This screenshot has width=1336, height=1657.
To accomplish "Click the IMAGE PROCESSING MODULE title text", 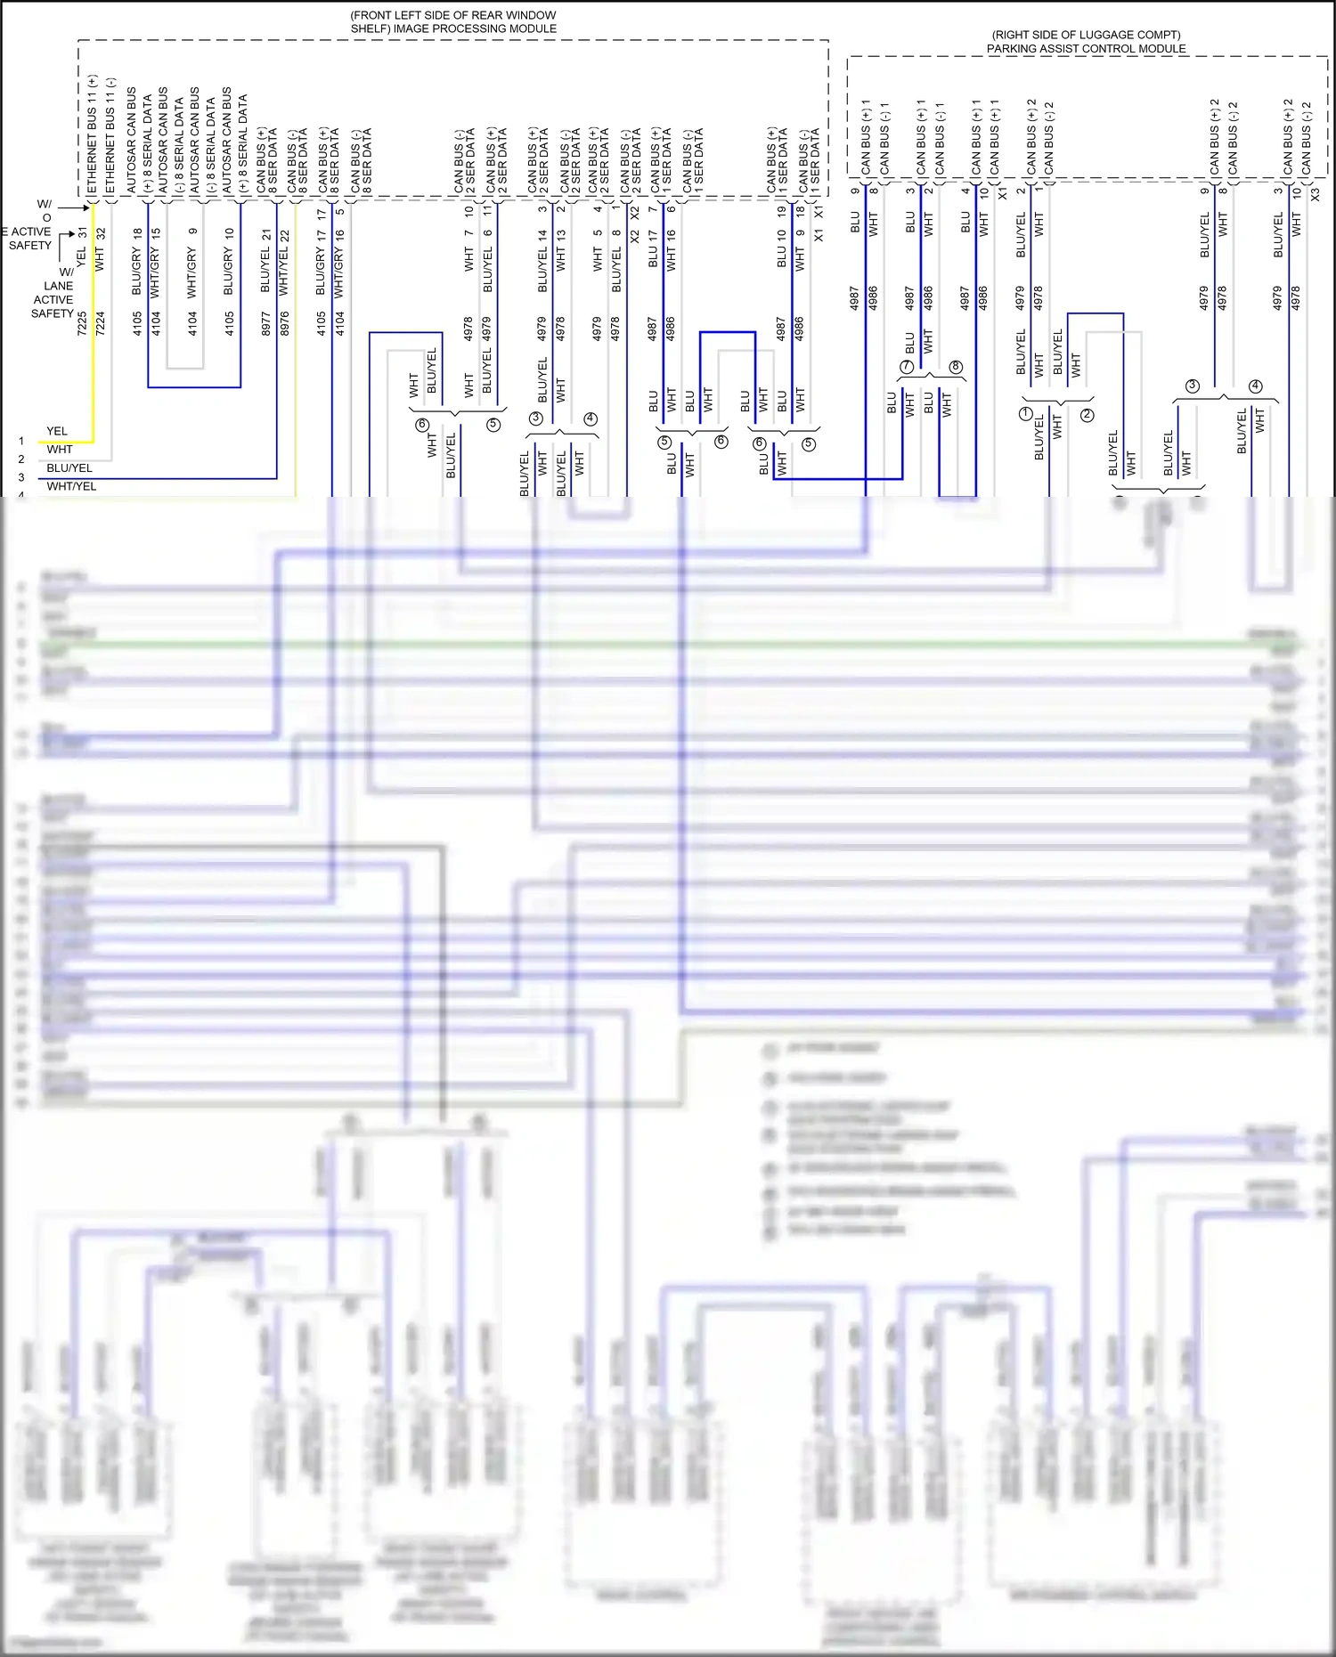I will (x=453, y=22).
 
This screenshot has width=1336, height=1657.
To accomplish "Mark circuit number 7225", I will (x=82, y=322).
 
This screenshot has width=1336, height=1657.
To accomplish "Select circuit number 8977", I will (x=265, y=322).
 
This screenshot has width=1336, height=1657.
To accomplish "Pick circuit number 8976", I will (x=284, y=322).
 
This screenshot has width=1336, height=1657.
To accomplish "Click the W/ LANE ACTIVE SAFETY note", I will (x=53, y=293).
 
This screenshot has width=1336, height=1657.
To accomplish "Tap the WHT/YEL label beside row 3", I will (x=71, y=486).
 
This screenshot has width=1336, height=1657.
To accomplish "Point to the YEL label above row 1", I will (x=57, y=431).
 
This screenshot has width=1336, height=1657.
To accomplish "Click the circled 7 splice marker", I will (x=907, y=367).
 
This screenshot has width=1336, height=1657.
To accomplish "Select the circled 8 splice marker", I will (x=956, y=367).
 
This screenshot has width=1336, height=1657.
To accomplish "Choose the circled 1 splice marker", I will (x=1025, y=414).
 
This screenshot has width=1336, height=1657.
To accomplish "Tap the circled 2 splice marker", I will (x=1087, y=415).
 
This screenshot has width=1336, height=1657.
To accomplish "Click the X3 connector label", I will (x=1315, y=192).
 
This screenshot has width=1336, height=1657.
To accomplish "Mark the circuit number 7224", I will (x=100, y=322).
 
